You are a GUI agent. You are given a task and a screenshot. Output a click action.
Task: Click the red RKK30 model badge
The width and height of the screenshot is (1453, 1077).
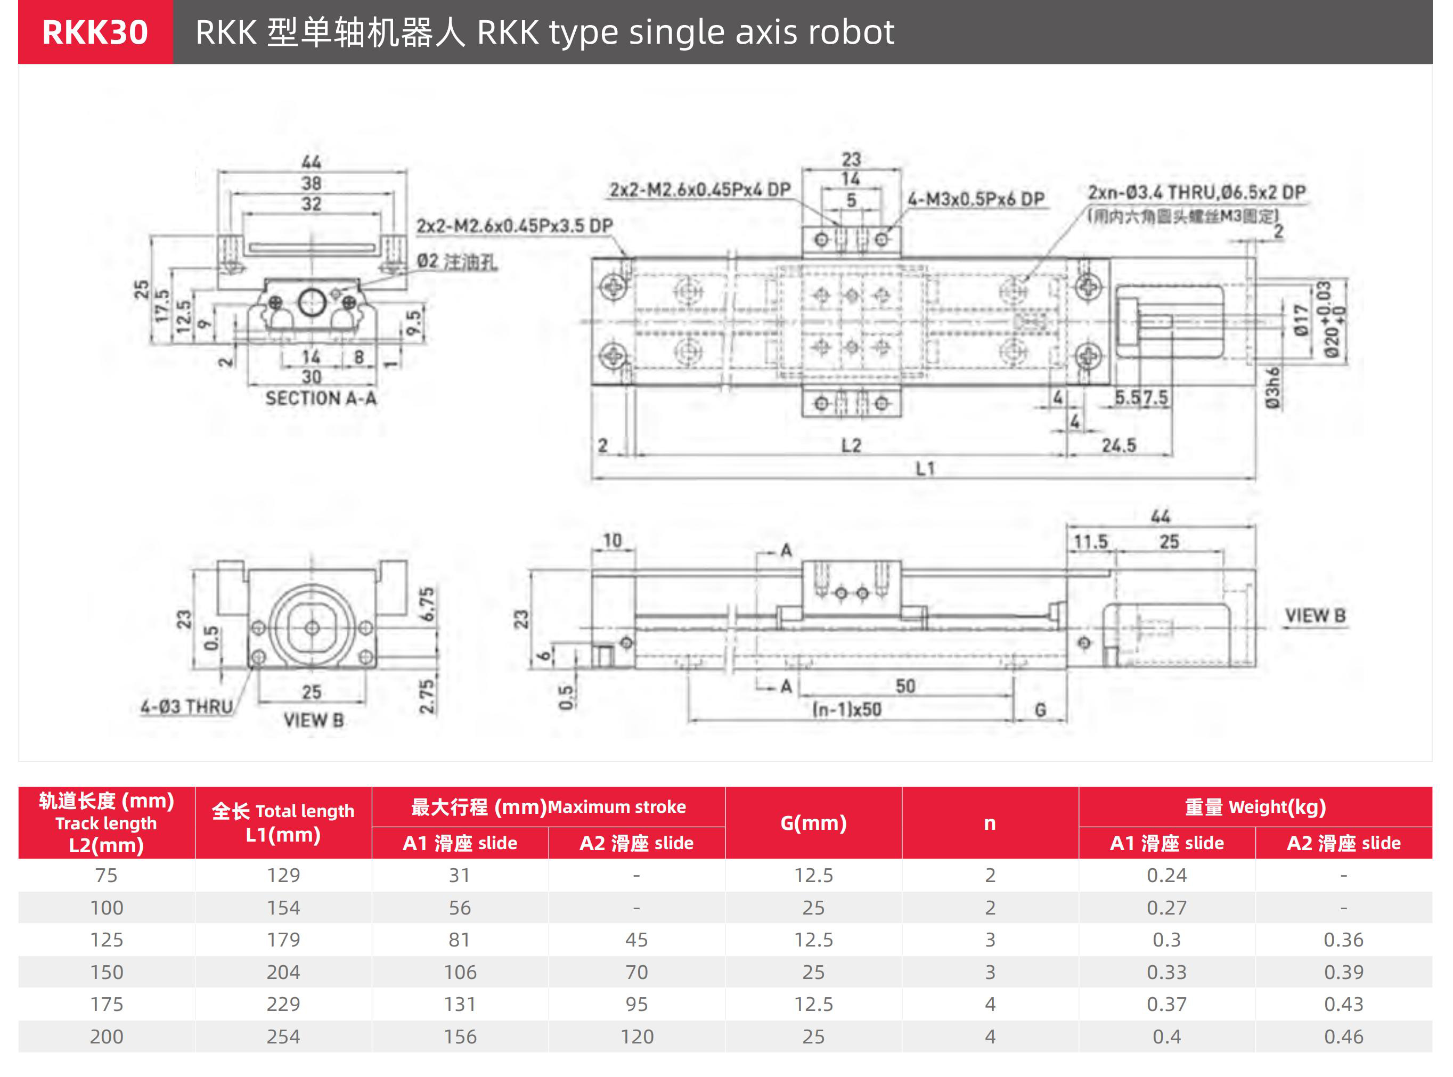pos(95,32)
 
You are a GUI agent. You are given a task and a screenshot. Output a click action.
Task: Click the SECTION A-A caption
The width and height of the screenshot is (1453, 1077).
pos(321,398)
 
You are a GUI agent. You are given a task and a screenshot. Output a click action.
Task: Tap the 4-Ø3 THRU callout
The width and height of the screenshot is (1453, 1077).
pos(186,707)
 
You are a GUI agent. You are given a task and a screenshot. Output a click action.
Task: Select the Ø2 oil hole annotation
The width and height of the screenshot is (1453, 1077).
pos(457,262)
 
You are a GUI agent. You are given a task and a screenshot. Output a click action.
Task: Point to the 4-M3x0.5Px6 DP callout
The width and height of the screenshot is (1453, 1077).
pos(976,199)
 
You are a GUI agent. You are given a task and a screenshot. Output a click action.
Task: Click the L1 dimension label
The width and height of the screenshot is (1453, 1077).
pos(925,469)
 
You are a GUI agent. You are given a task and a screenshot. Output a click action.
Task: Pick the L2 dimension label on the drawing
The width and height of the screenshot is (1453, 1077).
pos(851,446)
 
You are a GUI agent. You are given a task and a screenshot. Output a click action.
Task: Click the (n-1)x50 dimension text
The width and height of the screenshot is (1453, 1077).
pos(847,709)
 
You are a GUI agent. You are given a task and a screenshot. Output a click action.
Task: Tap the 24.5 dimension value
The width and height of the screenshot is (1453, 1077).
pos(1119,446)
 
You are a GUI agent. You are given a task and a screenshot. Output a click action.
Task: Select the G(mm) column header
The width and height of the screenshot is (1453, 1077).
pos(813,823)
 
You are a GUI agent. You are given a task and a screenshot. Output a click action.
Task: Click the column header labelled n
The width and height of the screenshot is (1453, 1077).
pos(990,823)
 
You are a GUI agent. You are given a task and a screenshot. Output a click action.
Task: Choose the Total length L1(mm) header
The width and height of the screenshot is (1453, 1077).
pos(283,823)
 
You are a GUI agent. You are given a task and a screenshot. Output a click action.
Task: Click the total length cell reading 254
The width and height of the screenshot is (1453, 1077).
pos(283,1037)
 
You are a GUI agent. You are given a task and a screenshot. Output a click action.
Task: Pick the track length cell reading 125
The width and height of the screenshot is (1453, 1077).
pos(106,940)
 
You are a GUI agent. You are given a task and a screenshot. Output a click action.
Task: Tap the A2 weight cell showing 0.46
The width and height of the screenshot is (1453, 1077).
pos(1343,1037)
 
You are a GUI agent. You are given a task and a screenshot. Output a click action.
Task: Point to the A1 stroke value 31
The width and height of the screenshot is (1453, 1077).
pos(460,875)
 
